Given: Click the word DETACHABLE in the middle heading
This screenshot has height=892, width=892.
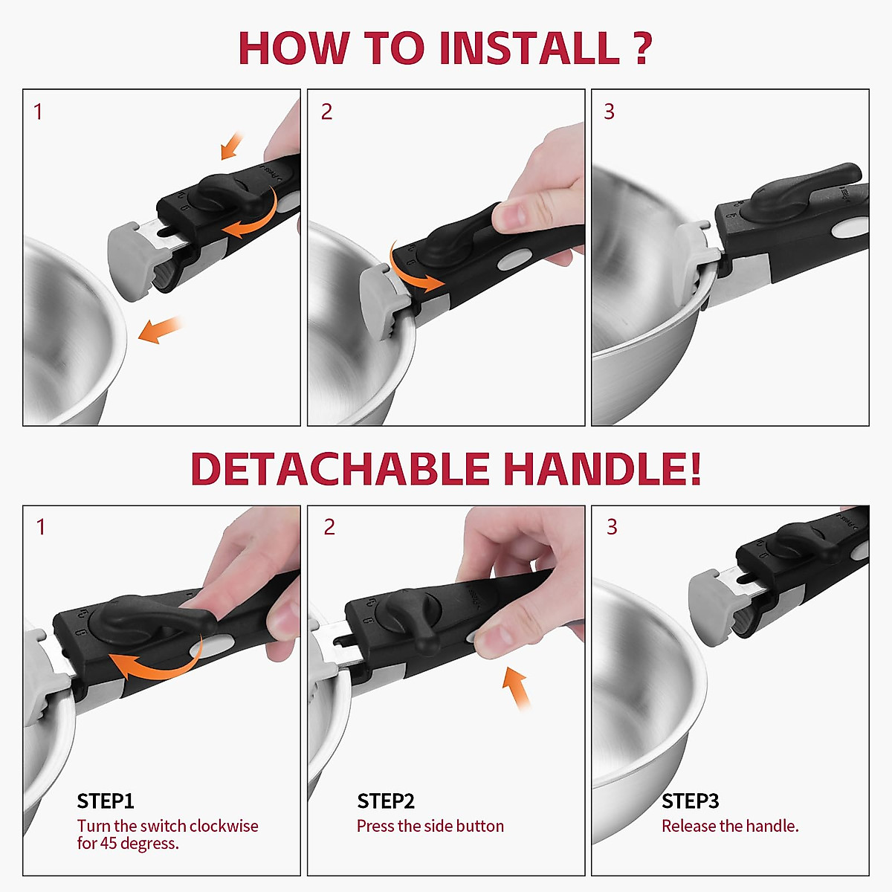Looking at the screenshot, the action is click(x=340, y=468).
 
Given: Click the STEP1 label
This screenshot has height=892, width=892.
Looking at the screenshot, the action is click(x=106, y=801).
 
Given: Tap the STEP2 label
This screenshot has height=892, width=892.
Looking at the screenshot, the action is click(x=386, y=801).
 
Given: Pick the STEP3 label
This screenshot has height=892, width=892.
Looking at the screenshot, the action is click(x=690, y=801).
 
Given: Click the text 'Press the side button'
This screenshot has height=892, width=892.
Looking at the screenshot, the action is click(x=430, y=827).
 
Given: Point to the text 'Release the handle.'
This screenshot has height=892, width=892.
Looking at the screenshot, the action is click(x=730, y=827).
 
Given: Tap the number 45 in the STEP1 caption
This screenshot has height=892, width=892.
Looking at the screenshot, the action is click(x=109, y=843).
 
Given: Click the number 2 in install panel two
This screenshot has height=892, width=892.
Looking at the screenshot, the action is click(x=327, y=111).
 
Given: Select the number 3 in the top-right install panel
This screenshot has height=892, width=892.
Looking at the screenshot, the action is click(x=610, y=111).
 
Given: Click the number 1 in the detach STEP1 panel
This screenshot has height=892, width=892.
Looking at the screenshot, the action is click(x=41, y=527).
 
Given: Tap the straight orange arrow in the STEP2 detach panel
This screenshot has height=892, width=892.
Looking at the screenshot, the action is click(x=516, y=688).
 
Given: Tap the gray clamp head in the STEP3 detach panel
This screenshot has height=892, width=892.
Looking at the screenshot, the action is click(x=714, y=608).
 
